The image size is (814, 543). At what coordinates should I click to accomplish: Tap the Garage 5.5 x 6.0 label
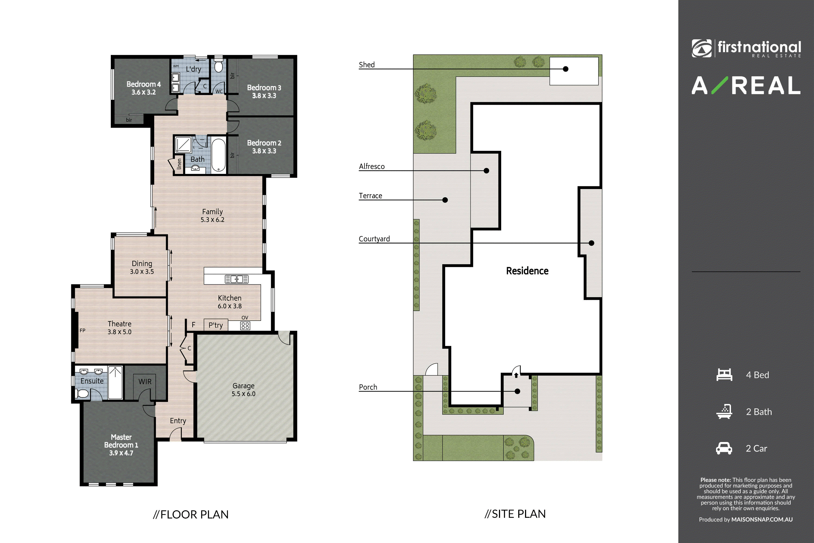[x=244, y=390]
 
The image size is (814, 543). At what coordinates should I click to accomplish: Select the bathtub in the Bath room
[x=218, y=155]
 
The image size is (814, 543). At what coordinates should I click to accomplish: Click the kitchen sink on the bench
[x=237, y=279]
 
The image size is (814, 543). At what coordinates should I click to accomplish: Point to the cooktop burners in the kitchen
[x=245, y=326]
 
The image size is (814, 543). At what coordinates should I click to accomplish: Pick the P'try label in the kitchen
[x=216, y=326]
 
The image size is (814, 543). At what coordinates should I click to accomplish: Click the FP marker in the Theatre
[x=82, y=330]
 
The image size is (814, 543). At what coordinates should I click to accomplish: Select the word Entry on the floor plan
[x=178, y=421]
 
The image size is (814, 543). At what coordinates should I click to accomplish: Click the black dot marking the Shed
[x=565, y=69]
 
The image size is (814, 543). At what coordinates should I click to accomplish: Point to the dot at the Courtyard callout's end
[x=592, y=243]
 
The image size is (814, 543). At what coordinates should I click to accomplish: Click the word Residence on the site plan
[x=527, y=271]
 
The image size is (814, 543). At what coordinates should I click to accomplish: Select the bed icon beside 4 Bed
[x=724, y=375]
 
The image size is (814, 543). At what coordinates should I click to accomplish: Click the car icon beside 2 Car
[x=724, y=448]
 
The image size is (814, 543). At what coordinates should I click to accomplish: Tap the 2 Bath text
[x=759, y=412]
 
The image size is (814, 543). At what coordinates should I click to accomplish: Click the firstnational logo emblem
[x=701, y=48]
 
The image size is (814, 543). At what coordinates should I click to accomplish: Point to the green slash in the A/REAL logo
[x=720, y=85]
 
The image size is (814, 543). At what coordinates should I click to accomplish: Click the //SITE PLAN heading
[x=515, y=514]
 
